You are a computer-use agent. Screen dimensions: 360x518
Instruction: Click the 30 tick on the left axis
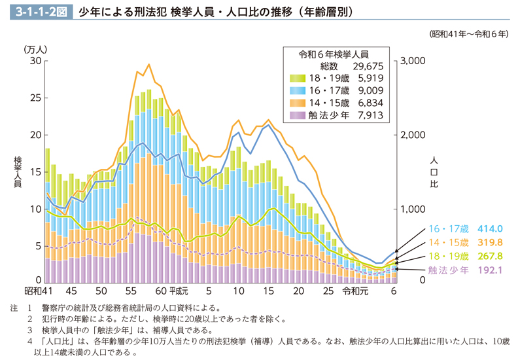[35, 61]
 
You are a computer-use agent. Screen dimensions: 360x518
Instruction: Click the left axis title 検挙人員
[18, 172]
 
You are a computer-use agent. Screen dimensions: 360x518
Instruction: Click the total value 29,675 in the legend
[368, 66]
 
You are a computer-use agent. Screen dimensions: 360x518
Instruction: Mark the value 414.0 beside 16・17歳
[490, 229]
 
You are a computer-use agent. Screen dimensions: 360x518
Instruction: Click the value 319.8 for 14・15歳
[490, 242]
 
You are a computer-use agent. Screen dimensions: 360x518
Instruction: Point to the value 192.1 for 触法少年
[490, 269]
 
